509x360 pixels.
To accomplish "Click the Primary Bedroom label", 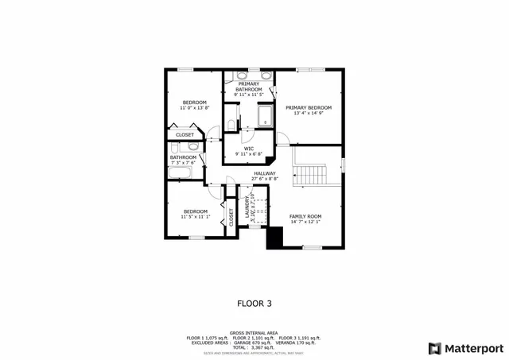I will (x=309, y=107).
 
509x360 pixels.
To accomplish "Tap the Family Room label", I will (x=305, y=216).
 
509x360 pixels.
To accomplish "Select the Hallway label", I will (x=265, y=173).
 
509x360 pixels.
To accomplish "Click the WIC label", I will (x=248, y=148).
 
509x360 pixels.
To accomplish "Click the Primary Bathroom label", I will (x=248, y=87).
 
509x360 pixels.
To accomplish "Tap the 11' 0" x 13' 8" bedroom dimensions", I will (x=195, y=108).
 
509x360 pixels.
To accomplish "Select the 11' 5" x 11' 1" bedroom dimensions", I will (x=195, y=216).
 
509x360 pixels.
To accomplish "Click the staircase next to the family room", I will (x=310, y=174).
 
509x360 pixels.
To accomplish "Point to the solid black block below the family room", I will (x=275, y=238).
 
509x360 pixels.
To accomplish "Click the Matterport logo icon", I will (x=434, y=347).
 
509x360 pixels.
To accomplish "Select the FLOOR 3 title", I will (x=254, y=303).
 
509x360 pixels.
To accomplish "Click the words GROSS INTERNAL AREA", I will (x=254, y=332).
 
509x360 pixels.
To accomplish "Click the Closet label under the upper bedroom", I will (x=185, y=135).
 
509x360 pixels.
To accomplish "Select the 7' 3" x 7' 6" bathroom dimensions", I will (x=182, y=162).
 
